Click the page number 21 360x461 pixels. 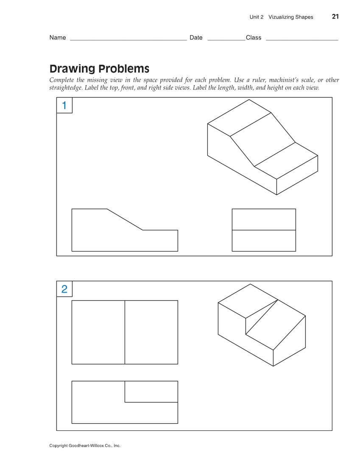[x=335, y=17]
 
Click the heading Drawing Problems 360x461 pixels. [x=99, y=69]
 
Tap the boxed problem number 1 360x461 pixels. [x=64, y=106]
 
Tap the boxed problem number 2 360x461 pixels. [x=64, y=289]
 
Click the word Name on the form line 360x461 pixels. [x=58, y=38]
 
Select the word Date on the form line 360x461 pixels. [x=196, y=38]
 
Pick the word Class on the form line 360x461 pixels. [x=254, y=38]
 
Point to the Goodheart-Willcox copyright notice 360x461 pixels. [x=85, y=446]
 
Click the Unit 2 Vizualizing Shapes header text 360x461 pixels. [x=281, y=17]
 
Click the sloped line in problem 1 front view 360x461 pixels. [x=125, y=220]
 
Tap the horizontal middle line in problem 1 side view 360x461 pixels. [x=264, y=230]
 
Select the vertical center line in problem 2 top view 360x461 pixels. [x=125, y=332]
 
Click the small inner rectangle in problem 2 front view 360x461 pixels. [x=151, y=391]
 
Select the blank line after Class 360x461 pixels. [x=302, y=39]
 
